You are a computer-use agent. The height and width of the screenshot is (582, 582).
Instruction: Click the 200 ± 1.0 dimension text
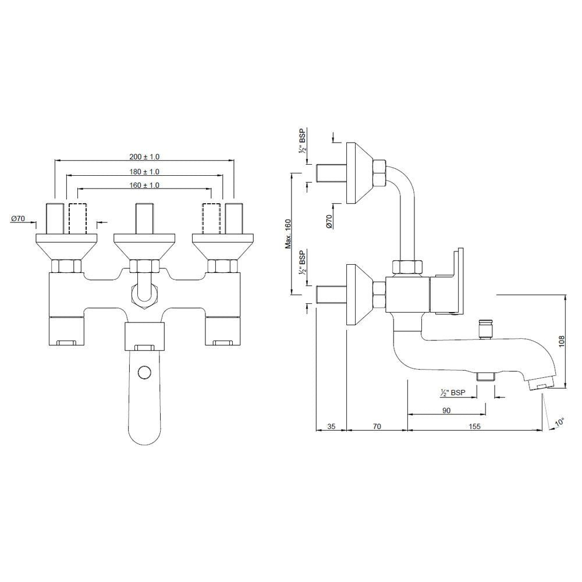[144, 157]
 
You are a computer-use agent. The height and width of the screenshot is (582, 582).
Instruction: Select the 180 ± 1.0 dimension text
[144, 172]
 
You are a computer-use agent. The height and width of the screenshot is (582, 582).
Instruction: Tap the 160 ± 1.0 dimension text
[144, 185]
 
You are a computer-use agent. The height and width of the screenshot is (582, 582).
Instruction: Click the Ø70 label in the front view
[18, 219]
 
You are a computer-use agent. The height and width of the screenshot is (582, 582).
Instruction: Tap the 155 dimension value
[474, 427]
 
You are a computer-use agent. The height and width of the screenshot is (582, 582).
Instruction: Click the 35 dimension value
[331, 427]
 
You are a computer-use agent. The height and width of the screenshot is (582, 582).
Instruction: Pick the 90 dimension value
[447, 410]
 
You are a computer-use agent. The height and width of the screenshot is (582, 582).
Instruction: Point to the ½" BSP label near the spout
[453, 394]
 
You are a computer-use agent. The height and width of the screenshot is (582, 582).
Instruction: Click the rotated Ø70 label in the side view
[329, 221]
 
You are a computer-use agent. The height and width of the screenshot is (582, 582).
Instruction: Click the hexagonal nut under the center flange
[144, 267]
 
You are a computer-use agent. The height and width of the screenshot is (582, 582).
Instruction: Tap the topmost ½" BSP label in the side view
[302, 141]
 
